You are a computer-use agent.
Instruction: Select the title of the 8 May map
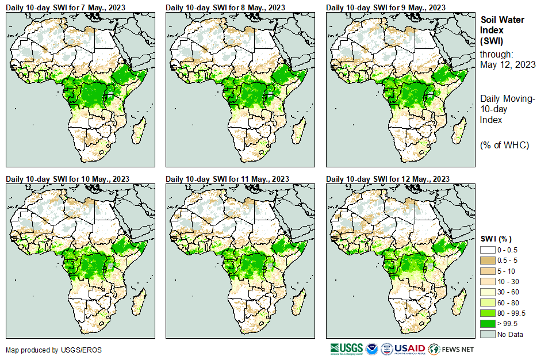pos(225,7)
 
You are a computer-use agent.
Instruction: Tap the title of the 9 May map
pos(386,7)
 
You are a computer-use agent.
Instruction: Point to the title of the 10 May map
pos(67,179)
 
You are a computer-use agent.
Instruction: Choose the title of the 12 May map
pos(388,179)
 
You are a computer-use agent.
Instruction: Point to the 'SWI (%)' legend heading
pos(496,239)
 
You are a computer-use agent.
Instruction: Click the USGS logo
pos(346,349)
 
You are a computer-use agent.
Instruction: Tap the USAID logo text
pos(409,349)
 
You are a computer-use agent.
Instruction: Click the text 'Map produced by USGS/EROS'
pos(54,350)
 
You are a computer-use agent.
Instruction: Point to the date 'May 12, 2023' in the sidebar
pos(508,65)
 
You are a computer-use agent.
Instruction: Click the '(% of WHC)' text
pos(504,144)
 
